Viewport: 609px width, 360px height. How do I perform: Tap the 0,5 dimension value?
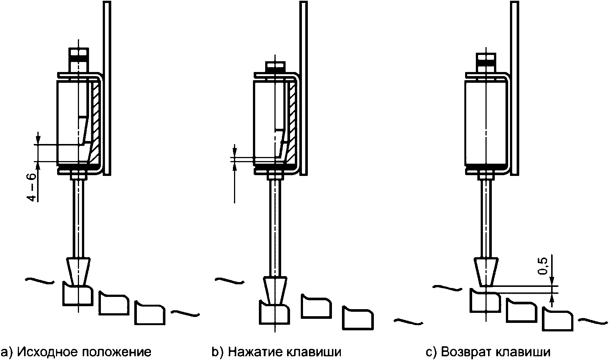point(542,266)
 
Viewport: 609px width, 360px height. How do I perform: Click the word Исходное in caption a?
point(47,352)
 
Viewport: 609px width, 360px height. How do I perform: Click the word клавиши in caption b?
point(314,352)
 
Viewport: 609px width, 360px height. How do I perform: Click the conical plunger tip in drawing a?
point(78,271)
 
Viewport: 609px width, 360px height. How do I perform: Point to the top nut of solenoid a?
point(79,60)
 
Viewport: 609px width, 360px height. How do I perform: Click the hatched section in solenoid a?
point(96,125)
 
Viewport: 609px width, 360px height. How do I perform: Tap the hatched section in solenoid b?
point(292,125)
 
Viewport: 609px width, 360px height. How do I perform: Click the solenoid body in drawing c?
point(486,123)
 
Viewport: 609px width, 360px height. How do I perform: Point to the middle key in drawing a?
point(113,303)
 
